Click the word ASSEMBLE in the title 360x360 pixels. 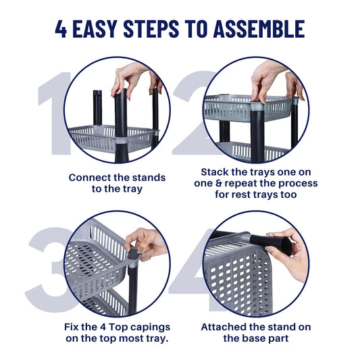coord(259,28)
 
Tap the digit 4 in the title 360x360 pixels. coord(61,28)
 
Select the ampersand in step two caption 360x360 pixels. coord(219,183)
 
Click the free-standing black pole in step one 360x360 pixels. coord(97,107)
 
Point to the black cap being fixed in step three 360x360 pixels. coord(132,254)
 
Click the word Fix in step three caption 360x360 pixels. coord(71,327)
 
